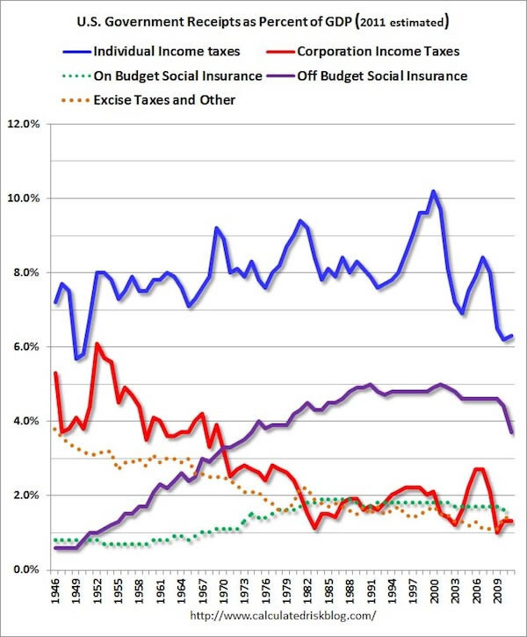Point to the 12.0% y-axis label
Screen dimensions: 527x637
[24, 124]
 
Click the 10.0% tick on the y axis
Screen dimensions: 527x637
[24, 199]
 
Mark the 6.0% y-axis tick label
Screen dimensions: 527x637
[26, 347]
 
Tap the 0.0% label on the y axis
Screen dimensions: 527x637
[26, 569]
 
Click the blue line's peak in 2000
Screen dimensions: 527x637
[434, 191]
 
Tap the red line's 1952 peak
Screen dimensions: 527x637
[97, 344]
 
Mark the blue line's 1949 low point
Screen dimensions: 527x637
[76, 358]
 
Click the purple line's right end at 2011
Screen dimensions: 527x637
[511, 432]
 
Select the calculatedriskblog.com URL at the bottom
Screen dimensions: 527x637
[284, 616]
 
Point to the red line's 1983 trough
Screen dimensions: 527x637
[315, 528]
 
